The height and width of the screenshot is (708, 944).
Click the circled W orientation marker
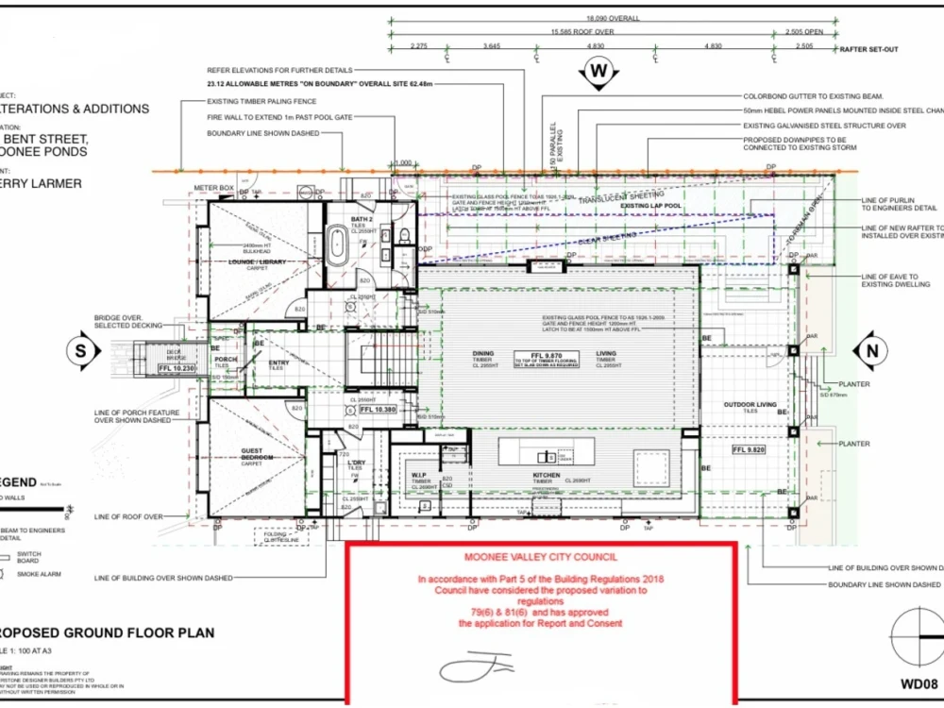(x=598, y=71)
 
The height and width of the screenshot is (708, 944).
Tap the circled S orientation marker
(x=80, y=350)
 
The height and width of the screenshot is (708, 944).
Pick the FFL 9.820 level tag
(x=752, y=450)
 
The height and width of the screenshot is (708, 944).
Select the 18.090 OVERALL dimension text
(x=613, y=18)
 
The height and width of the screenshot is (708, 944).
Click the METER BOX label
(x=213, y=187)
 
